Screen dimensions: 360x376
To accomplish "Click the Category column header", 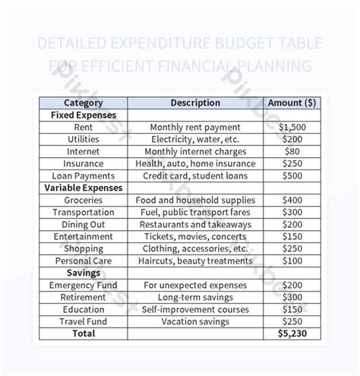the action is pyautogui.click(x=84, y=103).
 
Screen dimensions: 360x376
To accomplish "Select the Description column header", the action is pyautogui.click(x=195, y=103).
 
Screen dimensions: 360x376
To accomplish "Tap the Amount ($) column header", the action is pyautogui.click(x=292, y=103).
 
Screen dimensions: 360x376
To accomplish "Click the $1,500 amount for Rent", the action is pyautogui.click(x=292, y=128).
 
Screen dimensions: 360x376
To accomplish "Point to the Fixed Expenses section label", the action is pyautogui.click(x=84, y=115).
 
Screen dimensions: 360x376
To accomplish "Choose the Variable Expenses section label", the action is pyautogui.click(x=84, y=187).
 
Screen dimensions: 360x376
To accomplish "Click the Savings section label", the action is pyautogui.click(x=84, y=272).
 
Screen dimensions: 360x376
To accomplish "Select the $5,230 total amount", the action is pyautogui.click(x=292, y=333).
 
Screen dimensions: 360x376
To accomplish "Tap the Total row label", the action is pyautogui.click(x=84, y=333).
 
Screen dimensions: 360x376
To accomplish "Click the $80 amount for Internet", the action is pyautogui.click(x=292, y=151).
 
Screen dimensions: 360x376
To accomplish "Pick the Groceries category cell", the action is pyautogui.click(x=84, y=200).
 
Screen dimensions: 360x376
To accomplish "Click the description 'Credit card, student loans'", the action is pyautogui.click(x=195, y=175).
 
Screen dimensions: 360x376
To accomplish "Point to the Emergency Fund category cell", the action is pyautogui.click(x=84, y=285).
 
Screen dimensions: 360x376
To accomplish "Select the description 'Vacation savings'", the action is pyautogui.click(x=195, y=321).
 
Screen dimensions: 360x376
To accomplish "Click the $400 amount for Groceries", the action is pyautogui.click(x=292, y=200).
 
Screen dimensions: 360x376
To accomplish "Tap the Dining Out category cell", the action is pyautogui.click(x=84, y=224).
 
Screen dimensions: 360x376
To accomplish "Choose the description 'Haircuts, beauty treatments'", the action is pyautogui.click(x=195, y=261).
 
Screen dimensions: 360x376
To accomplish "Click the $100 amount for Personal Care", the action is pyautogui.click(x=292, y=261).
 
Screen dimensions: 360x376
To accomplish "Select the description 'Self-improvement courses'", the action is pyautogui.click(x=195, y=309).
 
